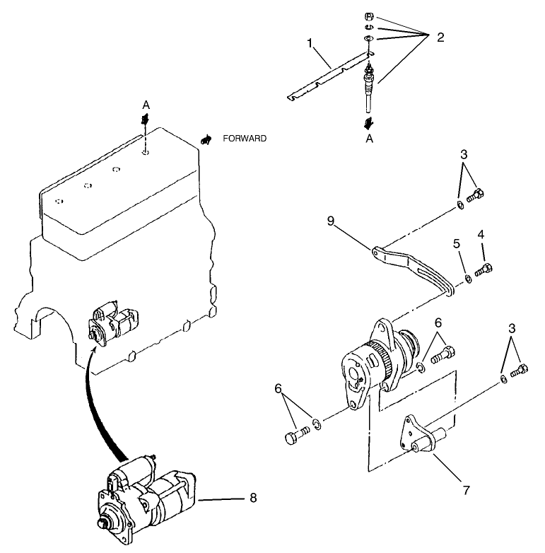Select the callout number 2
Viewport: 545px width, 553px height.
[x=440, y=37]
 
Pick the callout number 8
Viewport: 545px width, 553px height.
[x=253, y=498]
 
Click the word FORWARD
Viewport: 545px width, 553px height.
[x=245, y=139]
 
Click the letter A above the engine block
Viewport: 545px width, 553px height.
[x=146, y=105]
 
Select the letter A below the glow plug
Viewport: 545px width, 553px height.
[x=369, y=139]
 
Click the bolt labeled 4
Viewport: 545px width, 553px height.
[x=484, y=269]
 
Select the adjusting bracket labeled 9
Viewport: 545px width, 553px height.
[x=413, y=266]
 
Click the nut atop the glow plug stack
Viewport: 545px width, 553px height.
[x=369, y=16]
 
